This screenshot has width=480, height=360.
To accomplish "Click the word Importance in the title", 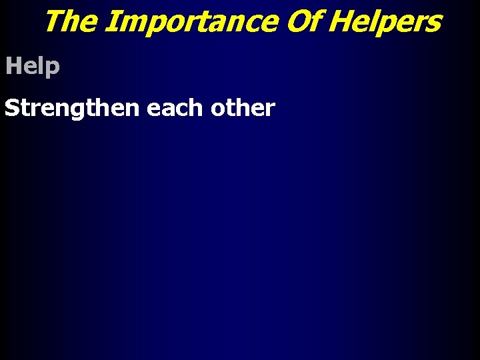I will tap(191, 21).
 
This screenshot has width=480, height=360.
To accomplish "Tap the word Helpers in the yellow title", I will tap(385, 21).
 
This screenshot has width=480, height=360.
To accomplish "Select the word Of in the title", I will tap(303, 21).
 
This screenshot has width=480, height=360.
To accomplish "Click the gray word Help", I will tap(33, 67).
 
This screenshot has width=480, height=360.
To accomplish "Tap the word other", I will tap(242, 108).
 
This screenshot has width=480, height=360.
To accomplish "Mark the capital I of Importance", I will tap(111, 21).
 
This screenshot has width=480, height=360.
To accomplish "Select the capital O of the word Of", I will tap(296, 21).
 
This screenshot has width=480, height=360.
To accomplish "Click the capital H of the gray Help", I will tap(13, 66).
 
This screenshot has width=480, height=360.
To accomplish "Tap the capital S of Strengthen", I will tap(11, 108).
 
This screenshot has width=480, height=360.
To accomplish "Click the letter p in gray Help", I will tap(53, 69).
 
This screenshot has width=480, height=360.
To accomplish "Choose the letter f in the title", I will tap(313, 21).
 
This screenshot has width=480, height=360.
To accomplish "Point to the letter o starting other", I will tap(215, 109).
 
